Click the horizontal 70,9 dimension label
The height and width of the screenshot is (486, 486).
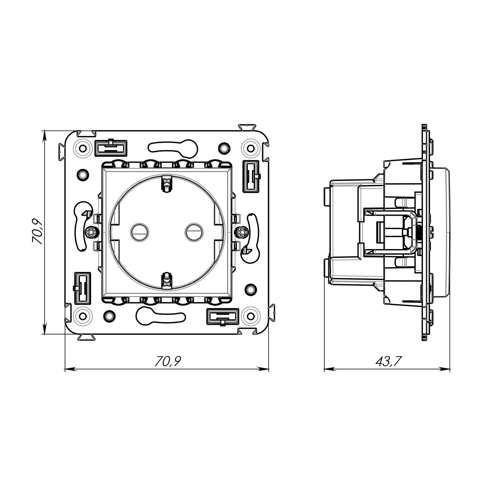[x=167, y=362]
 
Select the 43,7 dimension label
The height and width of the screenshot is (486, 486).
[x=389, y=362]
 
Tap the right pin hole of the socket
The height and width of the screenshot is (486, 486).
[x=194, y=232]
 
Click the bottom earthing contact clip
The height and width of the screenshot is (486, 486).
[x=166, y=280]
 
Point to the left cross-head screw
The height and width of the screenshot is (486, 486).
[x=91, y=232]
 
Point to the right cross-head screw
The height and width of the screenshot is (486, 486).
[x=243, y=232]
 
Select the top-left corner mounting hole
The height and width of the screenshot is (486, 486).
[x=83, y=148]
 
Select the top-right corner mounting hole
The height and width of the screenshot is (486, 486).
[x=251, y=148]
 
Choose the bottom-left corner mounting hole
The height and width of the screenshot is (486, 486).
[x=83, y=316]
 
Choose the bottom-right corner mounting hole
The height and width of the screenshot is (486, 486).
[x=251, y=316]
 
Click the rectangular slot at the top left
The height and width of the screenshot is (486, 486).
[x=111, y=148]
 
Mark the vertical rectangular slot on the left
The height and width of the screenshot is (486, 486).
[x=82, y=288]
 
